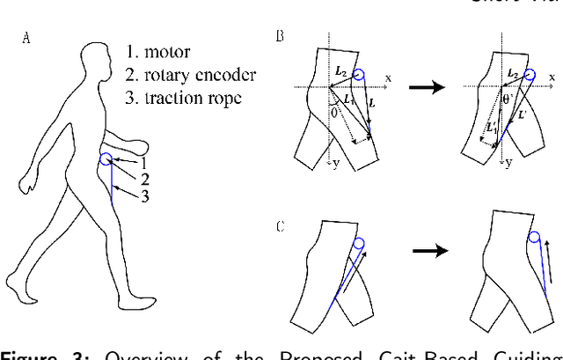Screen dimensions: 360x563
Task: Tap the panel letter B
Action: (x=280, y=36)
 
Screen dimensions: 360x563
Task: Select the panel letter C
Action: (x=280, y=226)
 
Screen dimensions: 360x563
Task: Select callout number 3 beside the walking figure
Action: (x=145, y=196)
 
